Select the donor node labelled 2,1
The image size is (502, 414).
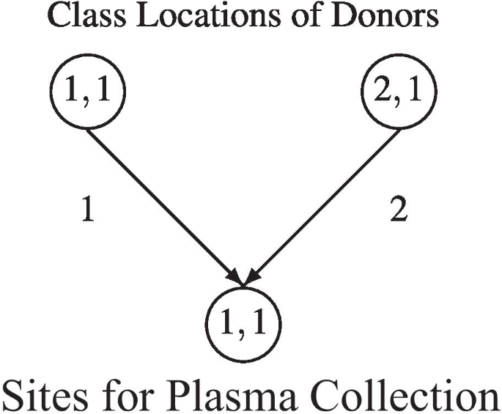point(399,92)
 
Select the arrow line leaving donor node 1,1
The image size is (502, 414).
point(161,202)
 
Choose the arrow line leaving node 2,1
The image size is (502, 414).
point(326,202)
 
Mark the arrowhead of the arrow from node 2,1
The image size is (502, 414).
point(251,278)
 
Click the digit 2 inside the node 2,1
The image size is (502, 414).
point(385,92)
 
